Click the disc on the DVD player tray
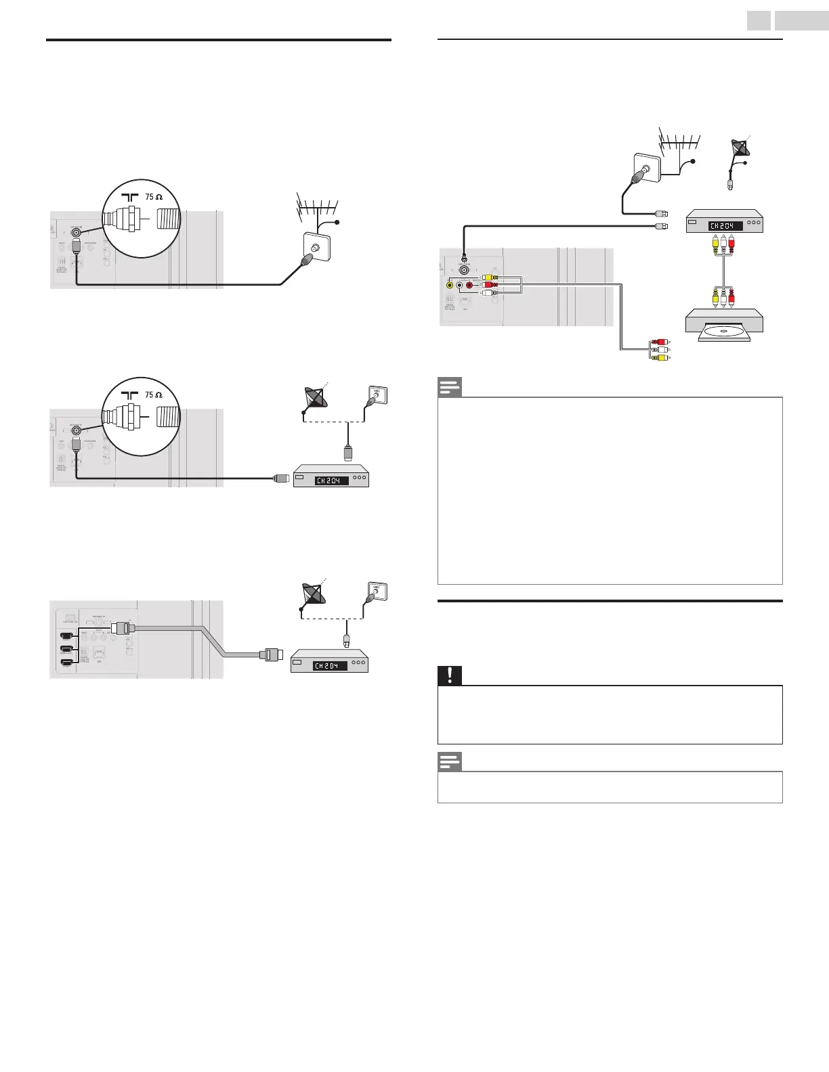[724, 332]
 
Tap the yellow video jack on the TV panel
[450, 285]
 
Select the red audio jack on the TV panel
[469, 285]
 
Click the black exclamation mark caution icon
[450, 675]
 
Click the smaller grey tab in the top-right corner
[759, 22]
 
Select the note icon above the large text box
[450, 388]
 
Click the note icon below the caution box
[450, 761]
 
